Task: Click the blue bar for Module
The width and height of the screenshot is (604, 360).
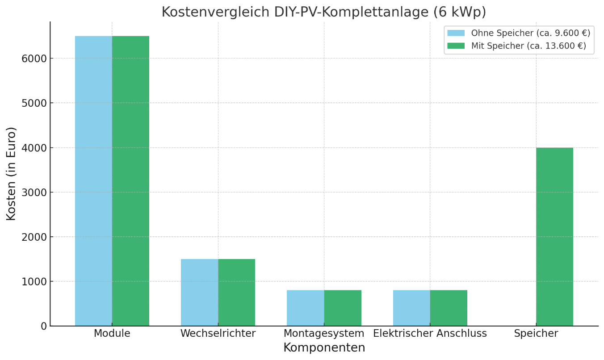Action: coord(93,181)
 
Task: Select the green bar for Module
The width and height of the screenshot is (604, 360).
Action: coord(130,181)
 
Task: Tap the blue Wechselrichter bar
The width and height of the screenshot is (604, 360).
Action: coord(199,293)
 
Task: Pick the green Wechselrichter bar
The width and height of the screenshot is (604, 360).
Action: coord(236,293)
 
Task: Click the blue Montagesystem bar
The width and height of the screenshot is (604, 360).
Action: coord(305,308)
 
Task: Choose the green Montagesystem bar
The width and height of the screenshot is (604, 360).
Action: coord(343,308)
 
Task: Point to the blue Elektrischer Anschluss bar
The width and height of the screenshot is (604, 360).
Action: coord(411,308)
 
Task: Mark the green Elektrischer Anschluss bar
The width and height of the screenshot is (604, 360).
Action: coord(449,308)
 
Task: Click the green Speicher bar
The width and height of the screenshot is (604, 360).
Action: coord(554,237)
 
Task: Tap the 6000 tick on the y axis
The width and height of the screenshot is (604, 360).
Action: coord(34,59)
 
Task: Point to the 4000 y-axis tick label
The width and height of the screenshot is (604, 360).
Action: coord(34,148)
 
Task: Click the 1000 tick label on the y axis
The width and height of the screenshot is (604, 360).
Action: coord(34,281)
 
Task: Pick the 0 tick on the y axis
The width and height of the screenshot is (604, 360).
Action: coord(43,326)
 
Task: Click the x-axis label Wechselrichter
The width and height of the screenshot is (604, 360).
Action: coord(218,334)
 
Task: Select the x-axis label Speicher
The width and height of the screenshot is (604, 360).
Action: coord(536,334)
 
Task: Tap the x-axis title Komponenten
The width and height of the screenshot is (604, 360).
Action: coord(324,348)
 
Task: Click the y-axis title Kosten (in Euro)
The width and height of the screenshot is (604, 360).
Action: coord(11,173)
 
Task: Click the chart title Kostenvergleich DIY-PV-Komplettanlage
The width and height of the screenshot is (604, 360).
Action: coord(323,12)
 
